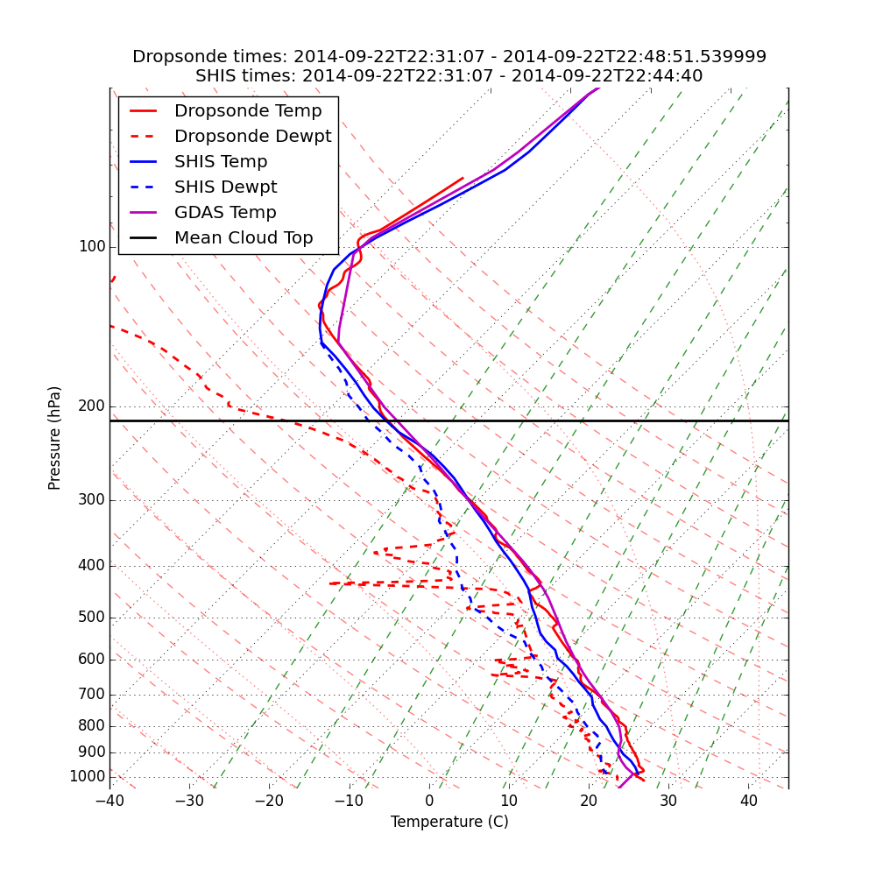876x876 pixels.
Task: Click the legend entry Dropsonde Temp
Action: coord(248,111)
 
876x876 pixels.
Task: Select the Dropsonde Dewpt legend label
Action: coord(252,137)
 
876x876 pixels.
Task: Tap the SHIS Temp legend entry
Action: coord(221,162)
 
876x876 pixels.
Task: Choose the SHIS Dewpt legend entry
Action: coord(225,187)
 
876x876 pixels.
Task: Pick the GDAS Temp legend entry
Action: coord(225,213)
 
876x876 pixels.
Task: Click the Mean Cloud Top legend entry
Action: coord(244,238)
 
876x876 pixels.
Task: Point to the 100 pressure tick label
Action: coord(92,247)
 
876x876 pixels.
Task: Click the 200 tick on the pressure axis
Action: coord(92,406)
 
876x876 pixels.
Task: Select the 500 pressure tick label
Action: coord(92,618)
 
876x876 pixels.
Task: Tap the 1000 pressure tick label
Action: coord(87,777)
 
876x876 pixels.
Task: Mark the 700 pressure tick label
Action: coord(92,695)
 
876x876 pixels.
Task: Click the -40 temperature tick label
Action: coord(109,802)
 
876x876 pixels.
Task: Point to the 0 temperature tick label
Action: coord(429,802)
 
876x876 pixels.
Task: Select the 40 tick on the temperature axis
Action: coord(748,802)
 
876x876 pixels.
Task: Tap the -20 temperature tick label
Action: coord(269,802)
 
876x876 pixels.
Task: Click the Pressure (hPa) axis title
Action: coord(55,438)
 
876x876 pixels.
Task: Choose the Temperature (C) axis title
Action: coord(449,822)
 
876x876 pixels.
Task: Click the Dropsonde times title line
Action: coord(449,57)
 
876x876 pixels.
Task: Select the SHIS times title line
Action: coord(449,76)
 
